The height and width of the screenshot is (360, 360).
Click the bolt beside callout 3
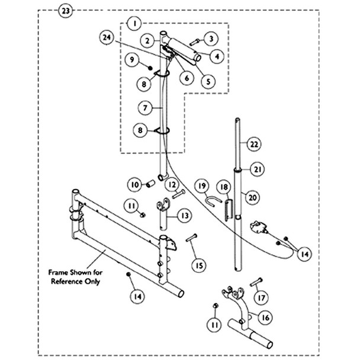click(194, 41)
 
